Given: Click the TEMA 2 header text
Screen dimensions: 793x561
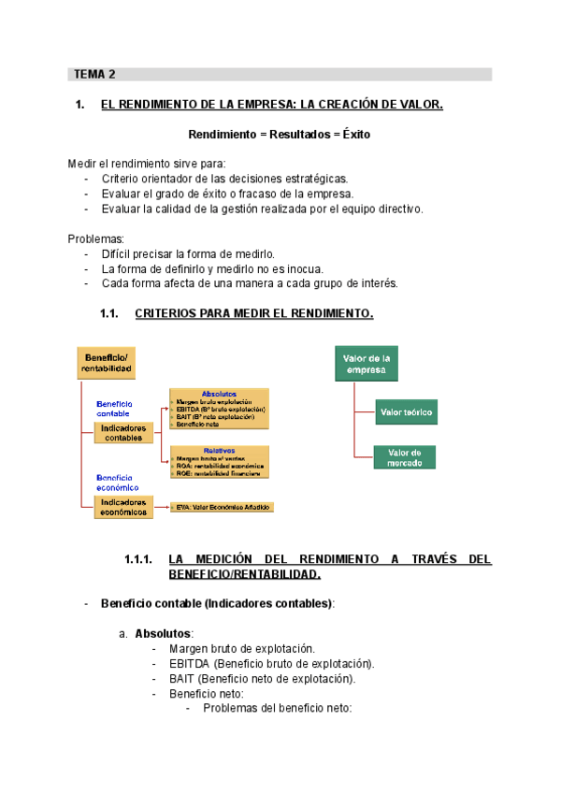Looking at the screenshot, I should [x=95, y=74].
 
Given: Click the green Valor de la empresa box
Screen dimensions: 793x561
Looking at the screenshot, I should [x=367, y=364].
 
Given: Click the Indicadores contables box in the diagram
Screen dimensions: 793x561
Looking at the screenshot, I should [x=123, y=432].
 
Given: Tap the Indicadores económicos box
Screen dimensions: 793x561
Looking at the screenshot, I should [x=123, y=507].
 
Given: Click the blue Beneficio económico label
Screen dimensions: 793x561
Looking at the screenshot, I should [x=118, y=483].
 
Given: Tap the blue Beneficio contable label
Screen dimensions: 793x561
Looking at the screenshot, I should [x=113, y=408].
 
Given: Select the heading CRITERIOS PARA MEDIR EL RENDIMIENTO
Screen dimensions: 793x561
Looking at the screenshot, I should [x=254, y=313].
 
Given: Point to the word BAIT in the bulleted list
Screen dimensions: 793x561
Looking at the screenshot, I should [x=182, y=679].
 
